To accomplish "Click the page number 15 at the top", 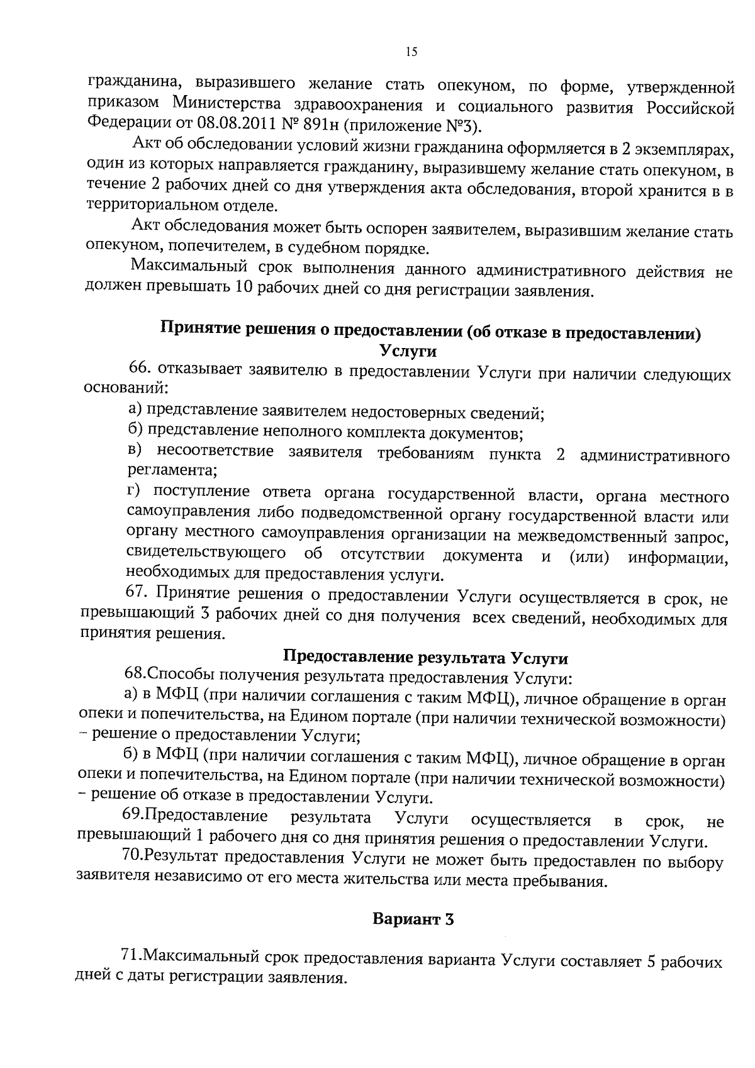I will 411,52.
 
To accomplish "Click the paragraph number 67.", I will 138,593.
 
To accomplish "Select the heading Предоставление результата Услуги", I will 425,658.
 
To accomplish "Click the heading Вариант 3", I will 413,919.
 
